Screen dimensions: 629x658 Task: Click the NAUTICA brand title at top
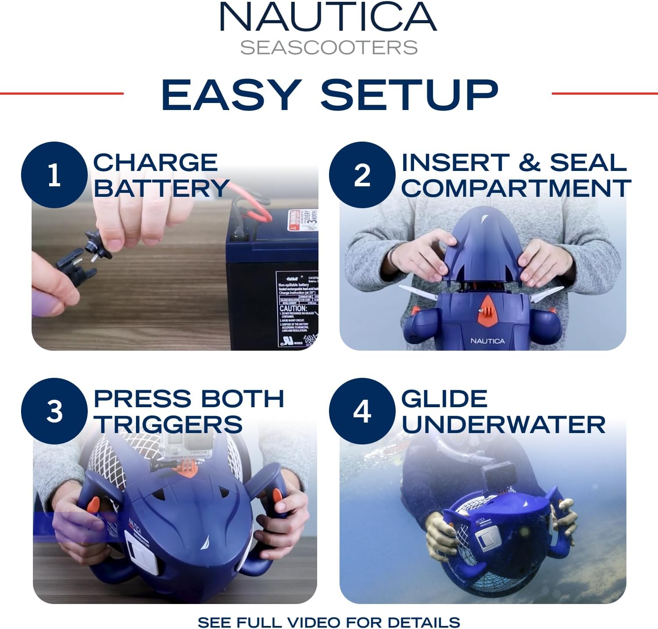pyautogui.click(x=328, y=18)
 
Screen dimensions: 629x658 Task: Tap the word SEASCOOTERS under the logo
pyautogui.click(x=329, y=48)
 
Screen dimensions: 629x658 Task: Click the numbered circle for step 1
pyautogui.click(x=54, y=175)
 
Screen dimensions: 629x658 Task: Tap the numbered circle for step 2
pyautogui.click(x=362, y=175)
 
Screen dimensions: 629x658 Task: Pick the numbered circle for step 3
pyautogui.click(x=54, y=412)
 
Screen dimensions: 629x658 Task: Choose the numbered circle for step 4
pyautogui.click(x=362, y=412)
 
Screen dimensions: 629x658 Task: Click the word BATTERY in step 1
pyautogui.click(x=161, y=188)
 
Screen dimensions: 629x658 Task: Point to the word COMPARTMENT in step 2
pyautogui.click(x=516, y=188)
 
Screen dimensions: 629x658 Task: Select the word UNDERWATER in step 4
pyautogui.click(x=503, y=424)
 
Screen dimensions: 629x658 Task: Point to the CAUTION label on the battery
pyautogui.click(x=293, y=309)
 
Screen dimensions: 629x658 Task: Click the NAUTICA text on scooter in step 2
pyautogui.click(x=487, y=341)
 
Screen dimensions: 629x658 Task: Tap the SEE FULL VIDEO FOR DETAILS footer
pyautogui.click(x=329, y=622)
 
